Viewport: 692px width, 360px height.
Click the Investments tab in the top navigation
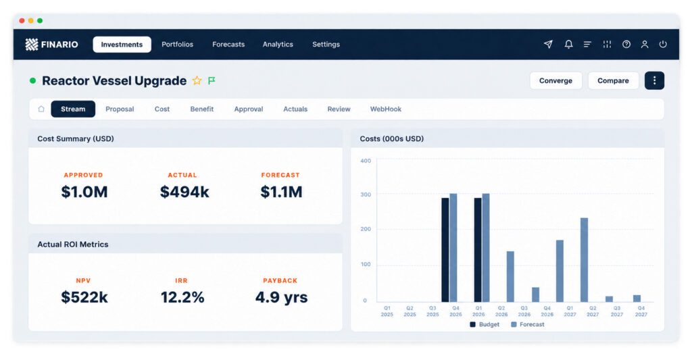tap(122, 45)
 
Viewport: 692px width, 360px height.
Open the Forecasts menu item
tap(228, 45)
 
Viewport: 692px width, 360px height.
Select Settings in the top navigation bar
tap(326, 45)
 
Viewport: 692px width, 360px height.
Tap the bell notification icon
tap(568, 44)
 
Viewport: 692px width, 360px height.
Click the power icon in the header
tap(663, 44)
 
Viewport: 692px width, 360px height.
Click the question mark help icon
tap(626, 44)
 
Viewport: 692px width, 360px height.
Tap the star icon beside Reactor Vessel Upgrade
tap(197, 80)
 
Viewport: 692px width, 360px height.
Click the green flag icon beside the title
tap(212, 80)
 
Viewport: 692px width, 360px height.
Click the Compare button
tap(613, 81)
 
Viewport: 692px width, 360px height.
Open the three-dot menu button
tap(654, 81)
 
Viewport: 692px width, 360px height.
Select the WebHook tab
tap(385, 109)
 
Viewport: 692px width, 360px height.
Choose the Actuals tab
tap(295, 109)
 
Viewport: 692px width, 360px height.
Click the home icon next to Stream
tap(41, 109)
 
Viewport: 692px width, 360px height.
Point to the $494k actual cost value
tap(184, 192)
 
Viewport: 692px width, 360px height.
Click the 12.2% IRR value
tap(182, 297)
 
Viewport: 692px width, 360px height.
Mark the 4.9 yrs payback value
tap(281, 297)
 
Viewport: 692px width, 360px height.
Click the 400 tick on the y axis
tap(366, 161)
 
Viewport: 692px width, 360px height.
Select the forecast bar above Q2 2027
tap(584, 260)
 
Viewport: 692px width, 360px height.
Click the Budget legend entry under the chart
tap(485, 325)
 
